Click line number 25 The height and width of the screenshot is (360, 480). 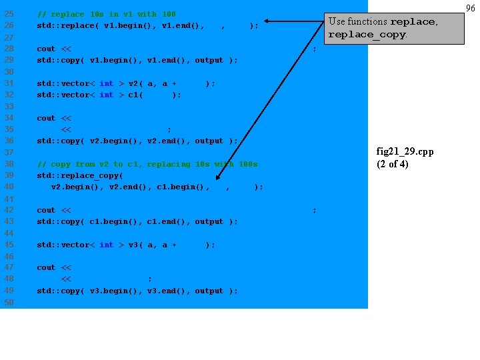[x=9, y=14]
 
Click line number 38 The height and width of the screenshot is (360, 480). [x=9, y=164]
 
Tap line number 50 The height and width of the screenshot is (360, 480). [x=9, y=302]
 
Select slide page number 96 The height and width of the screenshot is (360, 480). [x=471, y=8]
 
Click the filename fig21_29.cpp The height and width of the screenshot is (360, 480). [x=405, y=151]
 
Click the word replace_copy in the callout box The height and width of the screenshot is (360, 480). [x=366, y=35]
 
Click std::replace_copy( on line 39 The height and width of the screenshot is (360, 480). [x=80, y=175]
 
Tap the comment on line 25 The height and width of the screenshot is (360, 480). [x=107, y=14]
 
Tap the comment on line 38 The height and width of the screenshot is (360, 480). [x=147, y=164]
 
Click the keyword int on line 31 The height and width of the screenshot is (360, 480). [x=106, y=83]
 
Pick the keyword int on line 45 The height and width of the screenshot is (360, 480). [x=106, y=245]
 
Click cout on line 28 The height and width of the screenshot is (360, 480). [x=46, y=49]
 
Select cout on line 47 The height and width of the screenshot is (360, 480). [x=46, y=267]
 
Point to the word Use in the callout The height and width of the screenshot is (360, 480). [x=338, y=21]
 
